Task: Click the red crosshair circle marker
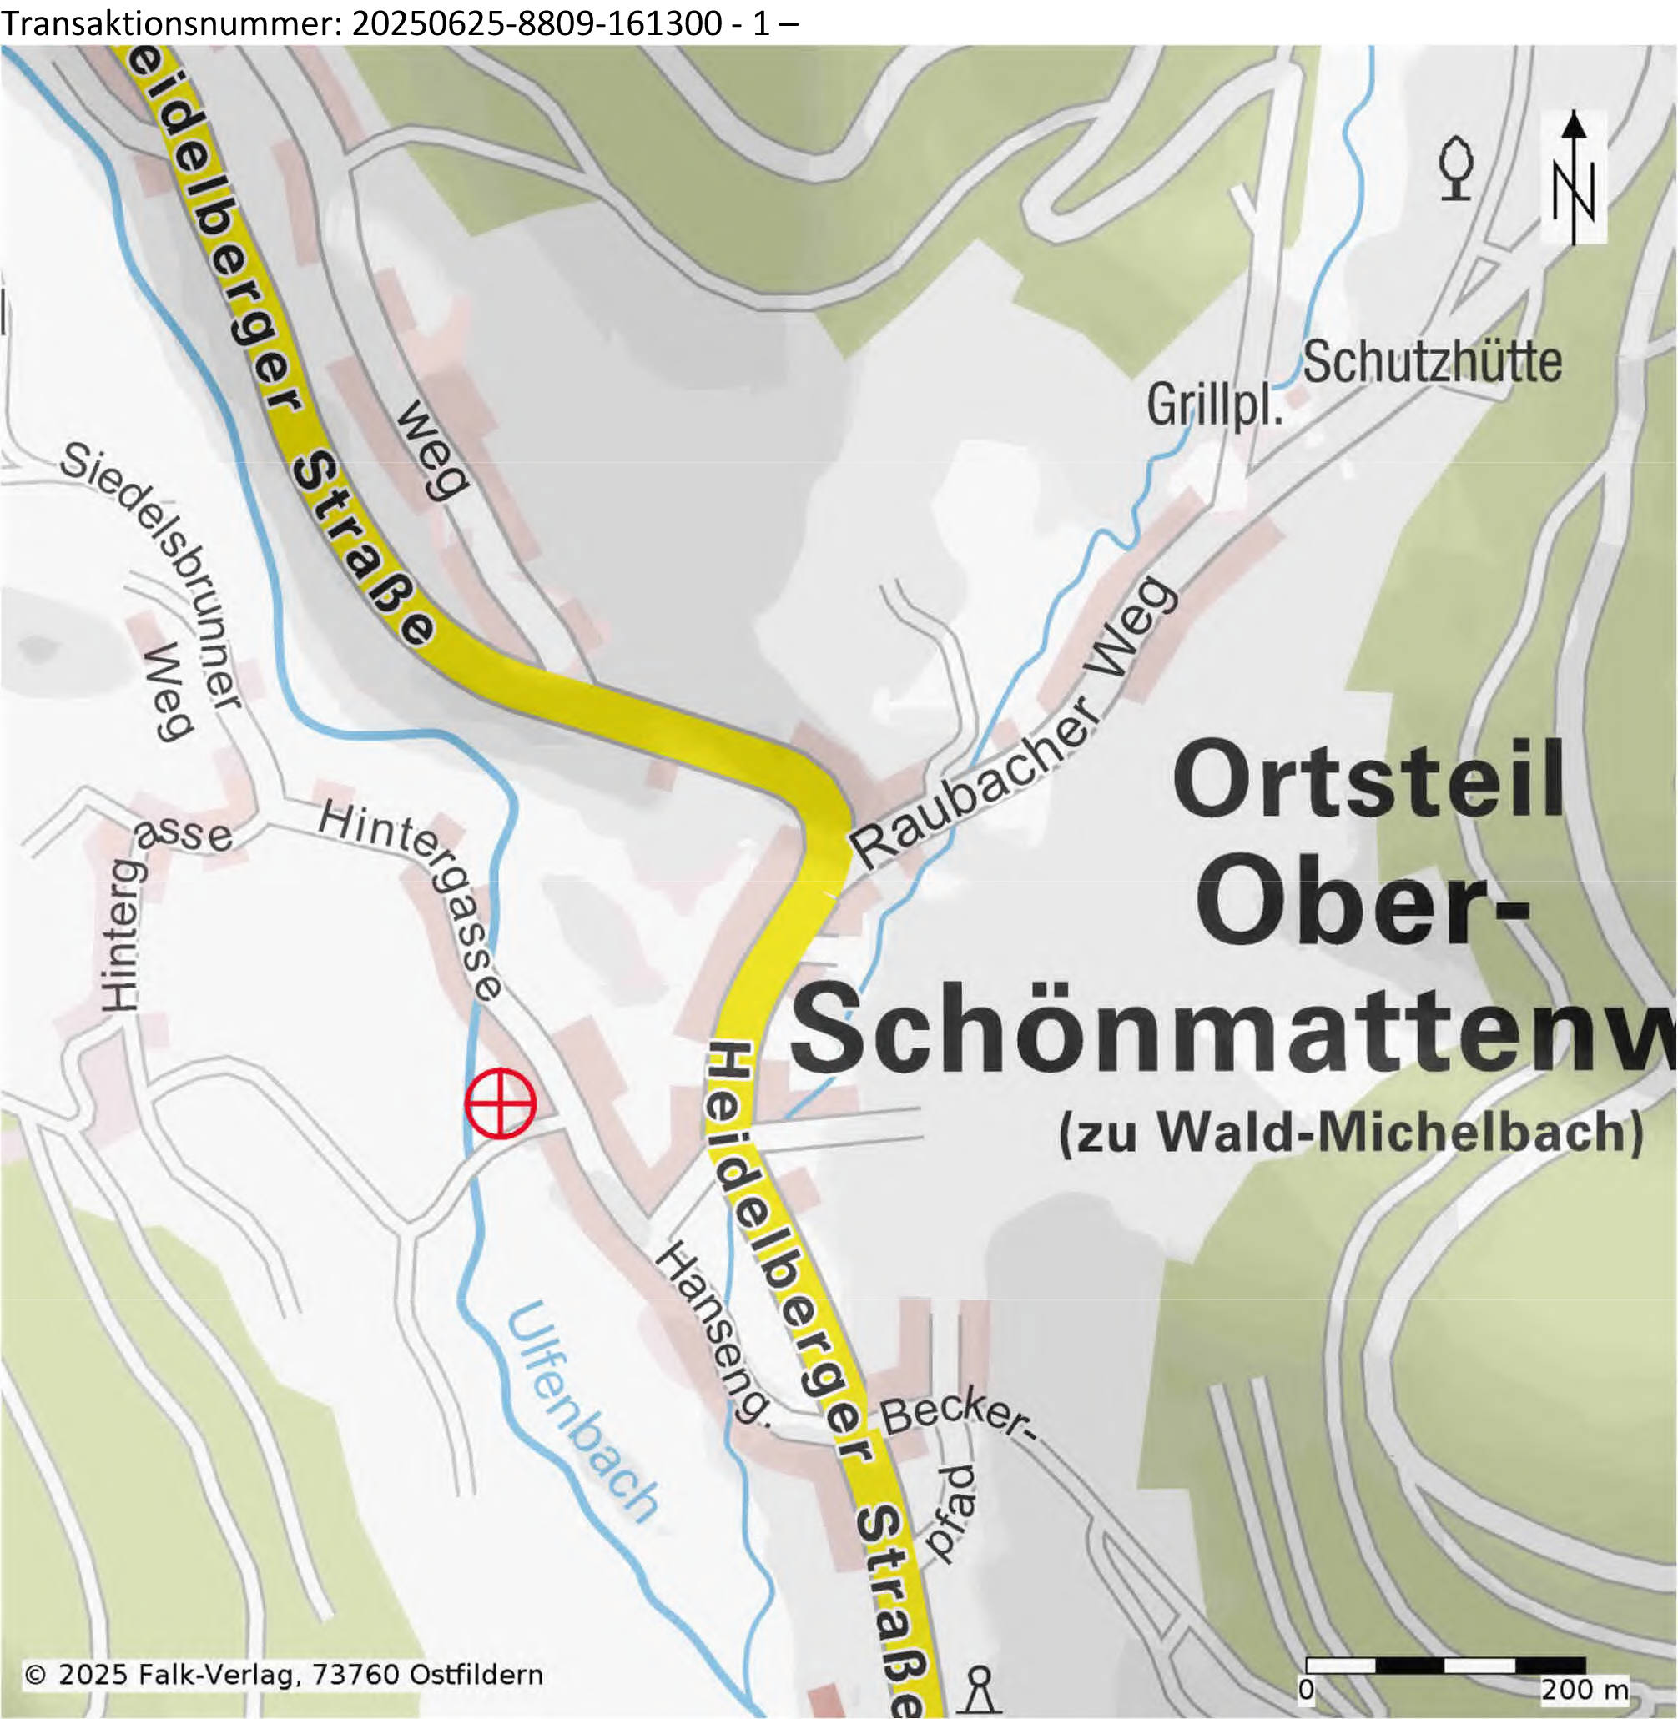[500, 1103]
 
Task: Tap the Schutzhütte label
[1432, 362]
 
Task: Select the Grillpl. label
[1214, 406]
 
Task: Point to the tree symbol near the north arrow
[1456, 168]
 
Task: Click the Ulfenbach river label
[581, 1413]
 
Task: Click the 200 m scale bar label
[1585, 1689]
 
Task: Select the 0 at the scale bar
[1306, 1689]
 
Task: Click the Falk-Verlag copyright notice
[283, 1674]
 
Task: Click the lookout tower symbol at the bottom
[979, 1687]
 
